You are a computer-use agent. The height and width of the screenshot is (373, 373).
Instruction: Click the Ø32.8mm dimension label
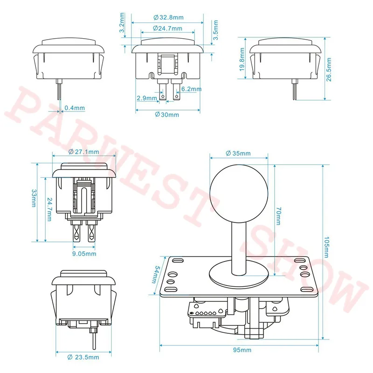168,17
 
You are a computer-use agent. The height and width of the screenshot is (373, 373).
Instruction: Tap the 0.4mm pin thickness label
75,108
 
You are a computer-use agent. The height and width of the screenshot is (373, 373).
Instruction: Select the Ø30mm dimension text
167,115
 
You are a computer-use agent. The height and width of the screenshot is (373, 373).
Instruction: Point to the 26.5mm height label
329,69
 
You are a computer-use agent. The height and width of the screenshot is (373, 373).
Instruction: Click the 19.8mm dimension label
242,59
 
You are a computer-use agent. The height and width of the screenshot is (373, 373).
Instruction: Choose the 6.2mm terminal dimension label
192,89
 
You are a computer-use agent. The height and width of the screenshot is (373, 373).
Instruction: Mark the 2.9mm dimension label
147,98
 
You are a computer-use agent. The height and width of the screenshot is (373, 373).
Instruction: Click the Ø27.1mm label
83,152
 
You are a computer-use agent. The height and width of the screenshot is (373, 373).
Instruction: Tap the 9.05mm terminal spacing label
84,254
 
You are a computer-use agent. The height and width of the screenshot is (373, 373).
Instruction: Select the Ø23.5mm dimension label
83,357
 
